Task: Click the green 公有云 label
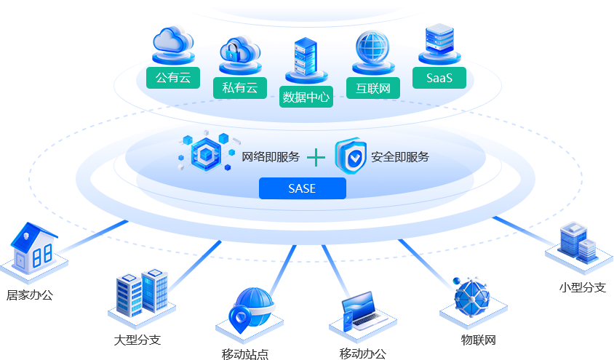172,78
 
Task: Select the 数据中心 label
306,97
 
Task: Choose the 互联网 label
372,88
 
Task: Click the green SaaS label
438,78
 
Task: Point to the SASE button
302,188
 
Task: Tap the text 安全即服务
399,156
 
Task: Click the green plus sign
316,157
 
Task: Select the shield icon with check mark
351,156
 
